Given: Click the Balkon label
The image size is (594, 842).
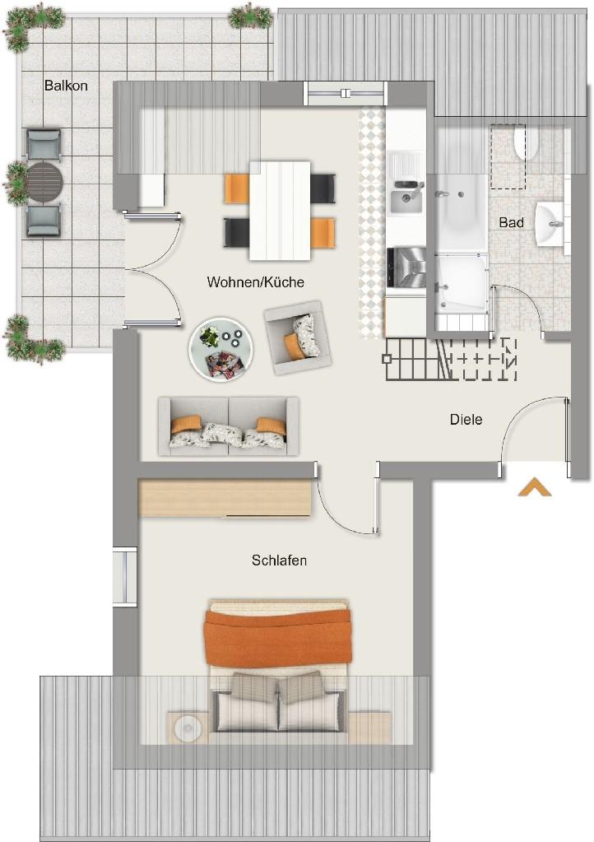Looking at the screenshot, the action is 66,86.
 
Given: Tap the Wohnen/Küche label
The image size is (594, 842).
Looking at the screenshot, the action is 255,282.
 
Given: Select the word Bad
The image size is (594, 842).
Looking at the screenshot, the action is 511,222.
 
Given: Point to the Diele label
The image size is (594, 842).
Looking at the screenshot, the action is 466,420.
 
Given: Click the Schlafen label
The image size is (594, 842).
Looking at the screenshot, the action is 279,561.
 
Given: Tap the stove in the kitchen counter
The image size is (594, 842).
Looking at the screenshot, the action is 406,267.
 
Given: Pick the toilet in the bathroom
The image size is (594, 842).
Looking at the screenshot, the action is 526,142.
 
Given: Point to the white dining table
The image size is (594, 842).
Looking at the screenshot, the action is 280,211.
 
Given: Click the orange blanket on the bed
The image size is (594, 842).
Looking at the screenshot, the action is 277,637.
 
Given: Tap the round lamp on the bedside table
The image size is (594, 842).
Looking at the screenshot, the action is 188,728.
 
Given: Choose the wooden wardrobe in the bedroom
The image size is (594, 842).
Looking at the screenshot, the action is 225,497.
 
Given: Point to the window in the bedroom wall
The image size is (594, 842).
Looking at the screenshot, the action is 125,576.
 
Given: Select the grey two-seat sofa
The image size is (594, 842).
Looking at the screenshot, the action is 229,426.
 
